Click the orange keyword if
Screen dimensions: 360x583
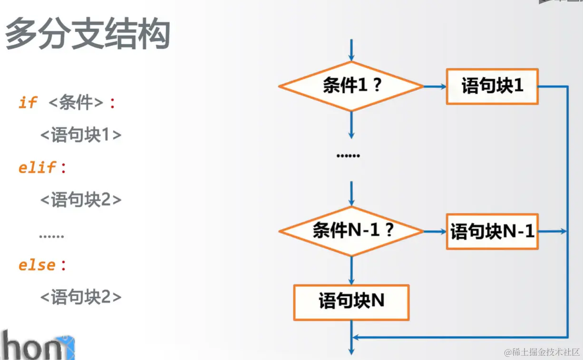(28, 102)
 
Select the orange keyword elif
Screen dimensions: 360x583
(38, 167)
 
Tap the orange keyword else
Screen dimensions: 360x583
(37, 265)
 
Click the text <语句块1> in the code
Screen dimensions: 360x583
(81, 135)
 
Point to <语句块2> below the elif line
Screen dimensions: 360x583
(81, 200)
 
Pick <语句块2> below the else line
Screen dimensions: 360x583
(81, 297)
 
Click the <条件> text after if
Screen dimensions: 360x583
(76, 103)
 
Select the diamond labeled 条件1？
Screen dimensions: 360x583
(351, 87)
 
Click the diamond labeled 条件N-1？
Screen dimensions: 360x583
(351, 231)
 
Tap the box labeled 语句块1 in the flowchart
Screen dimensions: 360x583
(492, 86)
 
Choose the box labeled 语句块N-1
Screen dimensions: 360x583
(492, 232)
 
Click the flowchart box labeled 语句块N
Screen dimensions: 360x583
(351, 302)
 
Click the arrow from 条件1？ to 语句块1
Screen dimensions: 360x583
(435, 87)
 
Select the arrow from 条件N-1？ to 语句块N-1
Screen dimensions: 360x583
(435, 232)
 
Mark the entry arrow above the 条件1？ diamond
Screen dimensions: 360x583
(351, 50)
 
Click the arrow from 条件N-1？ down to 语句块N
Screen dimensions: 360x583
(351, 270)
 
